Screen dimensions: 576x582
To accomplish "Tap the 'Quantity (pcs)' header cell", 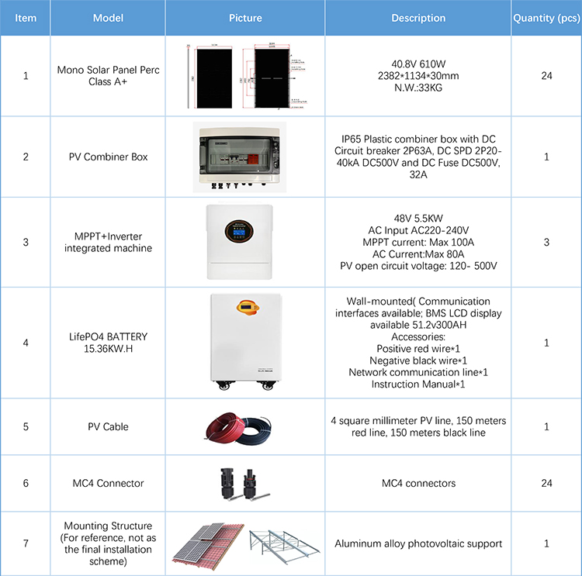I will tap(546, 18).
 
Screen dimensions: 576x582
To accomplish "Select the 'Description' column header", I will tap(418, 18).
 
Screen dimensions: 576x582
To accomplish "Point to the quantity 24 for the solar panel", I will tap(546, 76).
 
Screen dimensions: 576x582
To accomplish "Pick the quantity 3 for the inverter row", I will tap(546, 242).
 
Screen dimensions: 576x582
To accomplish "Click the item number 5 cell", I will tap(26, 426).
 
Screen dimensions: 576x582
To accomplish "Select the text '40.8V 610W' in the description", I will tap(418, 65).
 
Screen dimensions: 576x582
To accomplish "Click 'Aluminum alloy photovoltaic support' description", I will tap(418, 543).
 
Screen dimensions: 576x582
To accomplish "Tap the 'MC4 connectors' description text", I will tap(418, 483).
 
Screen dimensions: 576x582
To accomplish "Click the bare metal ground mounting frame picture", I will tap(282, 544).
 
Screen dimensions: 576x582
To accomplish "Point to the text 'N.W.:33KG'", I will tap(418, 87).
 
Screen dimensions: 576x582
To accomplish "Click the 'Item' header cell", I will tap(26, 18).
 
